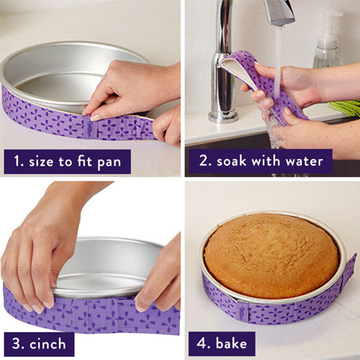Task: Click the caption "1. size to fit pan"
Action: click(67, 161)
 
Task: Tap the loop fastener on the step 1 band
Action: click(88, 129)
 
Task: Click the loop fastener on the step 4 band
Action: click(241, 311)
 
